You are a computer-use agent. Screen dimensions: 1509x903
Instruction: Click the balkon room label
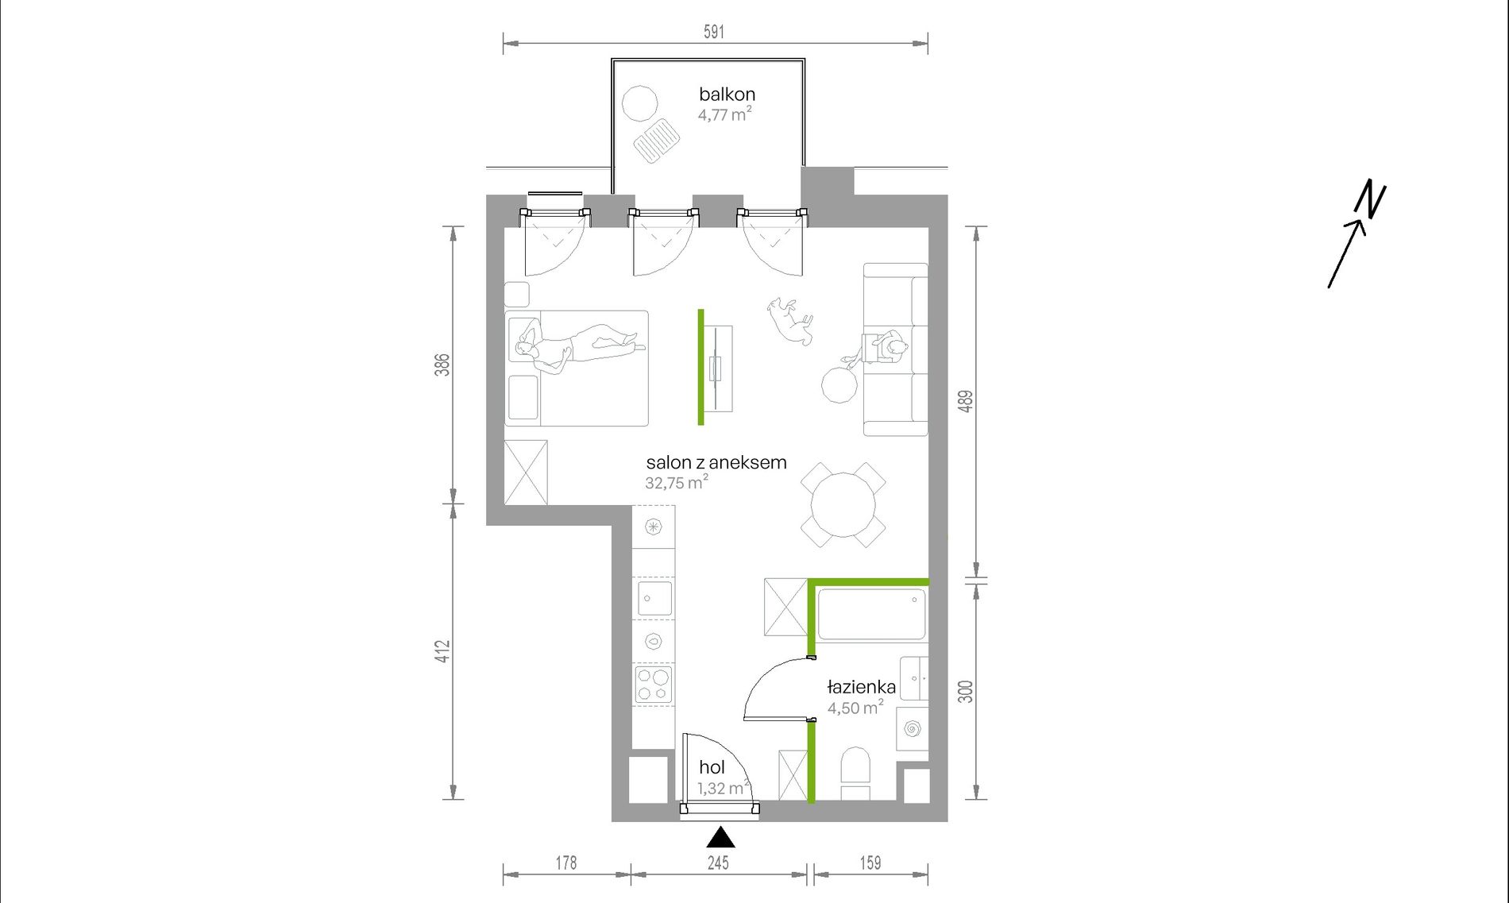[727, 94]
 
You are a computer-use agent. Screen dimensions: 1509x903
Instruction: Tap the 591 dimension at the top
[714, 32]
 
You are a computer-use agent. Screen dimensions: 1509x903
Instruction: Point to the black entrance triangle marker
[720, 837]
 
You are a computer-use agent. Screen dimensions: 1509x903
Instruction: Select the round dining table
[843, 504]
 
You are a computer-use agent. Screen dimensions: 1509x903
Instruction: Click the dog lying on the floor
[790, 320]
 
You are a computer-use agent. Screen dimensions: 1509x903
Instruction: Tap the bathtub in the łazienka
[871, 613]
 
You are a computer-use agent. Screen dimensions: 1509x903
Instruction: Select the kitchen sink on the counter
[654, 598]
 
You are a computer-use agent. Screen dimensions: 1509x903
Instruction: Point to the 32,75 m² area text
[677, 482]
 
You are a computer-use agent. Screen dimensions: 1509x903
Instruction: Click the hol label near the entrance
[712, 767]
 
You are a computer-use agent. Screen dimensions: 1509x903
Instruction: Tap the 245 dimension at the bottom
[718, 862]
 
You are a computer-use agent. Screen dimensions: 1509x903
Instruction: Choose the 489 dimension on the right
[965, 401]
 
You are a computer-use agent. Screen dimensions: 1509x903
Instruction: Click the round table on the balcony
[639, 103]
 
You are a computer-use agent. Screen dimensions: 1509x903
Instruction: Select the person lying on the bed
[580, 346]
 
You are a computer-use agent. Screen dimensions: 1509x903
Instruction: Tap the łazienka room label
[862, 687]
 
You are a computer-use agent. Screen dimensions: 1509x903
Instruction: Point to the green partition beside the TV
[700, 367]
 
